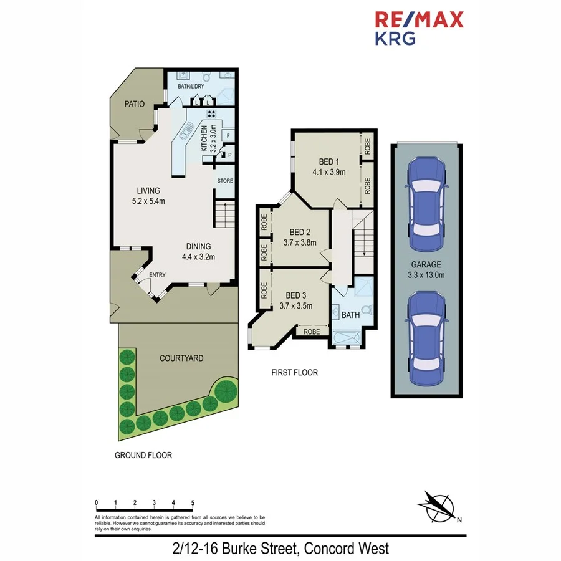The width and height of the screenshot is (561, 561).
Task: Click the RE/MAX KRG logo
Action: click(418, 28)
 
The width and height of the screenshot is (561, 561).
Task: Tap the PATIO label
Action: click(134, 104)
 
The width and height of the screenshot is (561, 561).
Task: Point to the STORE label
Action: click(225, 181)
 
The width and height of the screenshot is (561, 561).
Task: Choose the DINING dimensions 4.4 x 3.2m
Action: click(196, 256)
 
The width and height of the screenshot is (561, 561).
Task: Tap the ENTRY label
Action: click(157, 275)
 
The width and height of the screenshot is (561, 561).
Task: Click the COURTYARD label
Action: click(181, 358)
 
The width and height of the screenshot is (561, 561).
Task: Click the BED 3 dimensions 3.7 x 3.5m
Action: click(295, 305)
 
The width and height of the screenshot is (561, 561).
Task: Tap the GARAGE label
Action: click(426, 264)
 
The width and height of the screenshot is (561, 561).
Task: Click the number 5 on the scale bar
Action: click(193, 502)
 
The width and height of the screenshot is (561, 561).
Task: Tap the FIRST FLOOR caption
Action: click(294, 373)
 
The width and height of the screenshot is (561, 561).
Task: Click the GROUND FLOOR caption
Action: click(143, 455)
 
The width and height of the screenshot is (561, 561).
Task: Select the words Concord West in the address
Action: click(347, 549)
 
